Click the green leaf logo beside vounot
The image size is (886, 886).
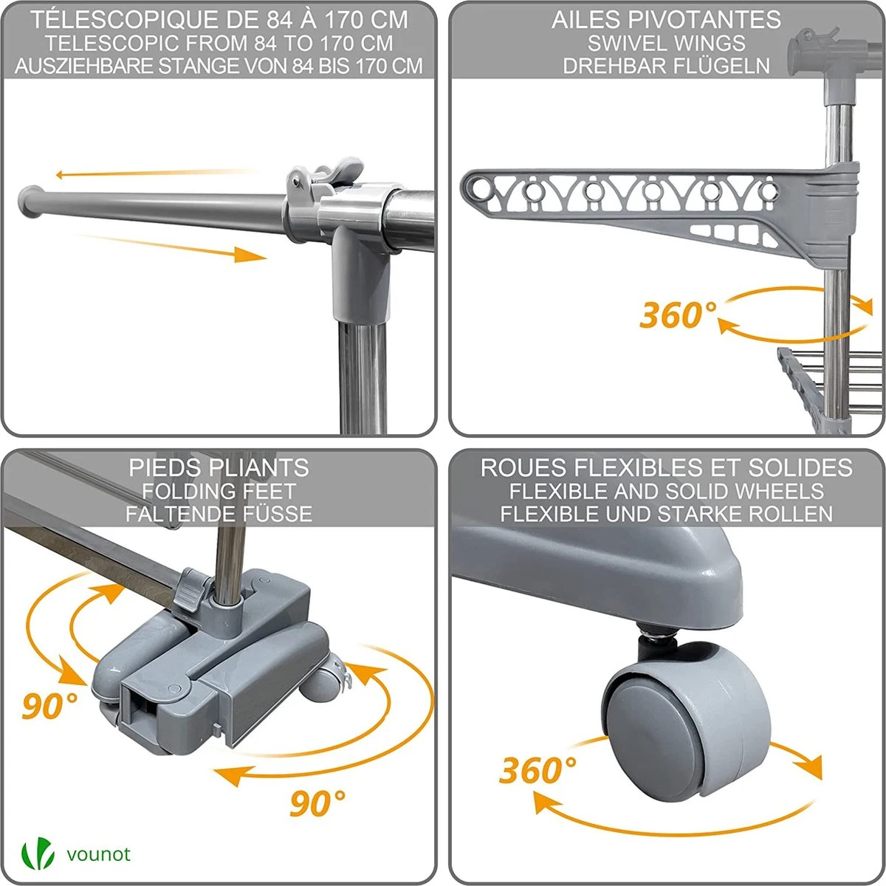coord(38,854)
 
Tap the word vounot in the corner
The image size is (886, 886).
coord(97,854)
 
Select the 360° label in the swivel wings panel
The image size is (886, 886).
coord(677,315)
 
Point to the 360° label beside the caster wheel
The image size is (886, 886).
coord(537,771)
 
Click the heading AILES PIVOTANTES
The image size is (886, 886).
coord(666,20)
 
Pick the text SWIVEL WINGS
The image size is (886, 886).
coord(666,43)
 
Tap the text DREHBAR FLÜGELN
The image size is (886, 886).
coord(666,65)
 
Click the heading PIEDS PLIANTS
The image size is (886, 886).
coord(219,467)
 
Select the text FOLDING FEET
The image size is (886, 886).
coord(219,490)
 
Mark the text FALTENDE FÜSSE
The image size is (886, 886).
coord(219,513)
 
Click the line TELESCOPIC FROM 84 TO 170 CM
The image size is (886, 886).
coord(219,43)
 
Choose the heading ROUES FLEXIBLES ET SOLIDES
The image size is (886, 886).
coord(666,467)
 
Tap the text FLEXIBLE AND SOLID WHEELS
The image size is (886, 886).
coord(666,490)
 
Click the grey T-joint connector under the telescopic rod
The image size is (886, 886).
coord(361,273)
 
